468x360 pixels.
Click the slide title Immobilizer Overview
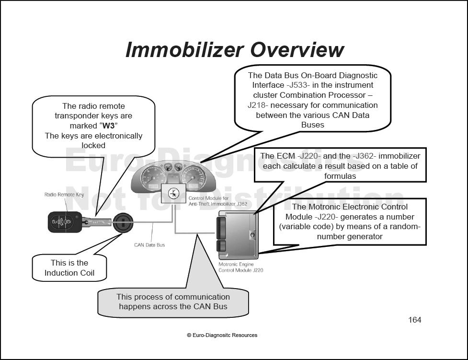click(x=235, y=50)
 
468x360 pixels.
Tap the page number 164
click(x=414, y=320)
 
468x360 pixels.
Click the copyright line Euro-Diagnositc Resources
click(x=222, y=335)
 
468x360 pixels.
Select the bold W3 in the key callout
click(x=108, y=126)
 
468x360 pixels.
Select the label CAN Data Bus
click(x=149, y=245)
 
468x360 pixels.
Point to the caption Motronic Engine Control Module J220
click(x=240, y=267)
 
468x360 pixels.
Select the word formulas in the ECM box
click(x=340, y=176)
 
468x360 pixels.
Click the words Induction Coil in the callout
click(x=69, y=273)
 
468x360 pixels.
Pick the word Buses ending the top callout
click(x=312, y=125)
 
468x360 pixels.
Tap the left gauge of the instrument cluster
click(x=154, y=177)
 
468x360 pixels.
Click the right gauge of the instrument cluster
click(x=193, y=177)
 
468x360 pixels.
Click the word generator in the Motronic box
click(x=362, y=236)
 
